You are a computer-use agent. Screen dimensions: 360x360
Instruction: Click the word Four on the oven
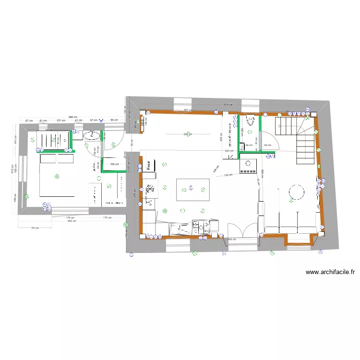click(x=149, y=165)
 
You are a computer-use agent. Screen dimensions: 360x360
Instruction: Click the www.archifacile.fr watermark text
click(x=330, y=272)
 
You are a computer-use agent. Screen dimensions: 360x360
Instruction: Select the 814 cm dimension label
click(x=228, y=105)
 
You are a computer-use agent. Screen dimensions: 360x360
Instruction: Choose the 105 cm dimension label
click(x=114, y=164)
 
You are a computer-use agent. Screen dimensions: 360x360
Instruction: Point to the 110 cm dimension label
click(x=228, y=175)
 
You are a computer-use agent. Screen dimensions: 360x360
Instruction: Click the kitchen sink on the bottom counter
click(x=179, y=228)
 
